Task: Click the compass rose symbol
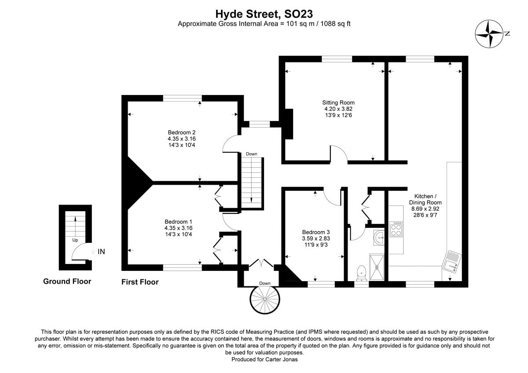click(x=489, y=34)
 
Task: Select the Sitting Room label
click(x=338, y=102)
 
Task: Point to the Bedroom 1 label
click(x=178, y=222)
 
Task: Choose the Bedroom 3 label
click(x=316, y=232)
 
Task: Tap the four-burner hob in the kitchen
click(x=396, y=229)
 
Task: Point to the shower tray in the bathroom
click(x=377, y=267)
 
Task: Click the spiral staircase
click(x=265, y=300)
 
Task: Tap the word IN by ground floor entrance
click(x=101, y=252)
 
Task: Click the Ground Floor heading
click(x=67, y=281)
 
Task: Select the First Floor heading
click(x=140, y=282)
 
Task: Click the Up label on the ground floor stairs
click(x=75, y=240)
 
